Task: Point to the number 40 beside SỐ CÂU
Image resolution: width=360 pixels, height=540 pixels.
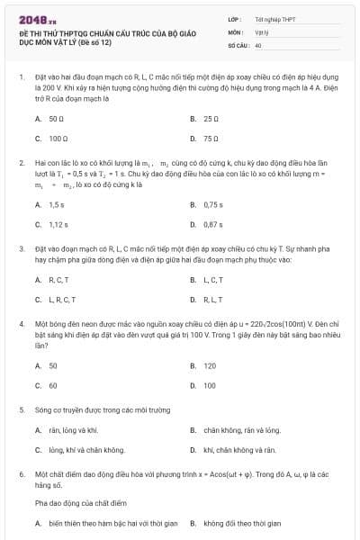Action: (x=258, y=44)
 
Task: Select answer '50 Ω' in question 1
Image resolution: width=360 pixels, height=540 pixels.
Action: (x=55, y=119)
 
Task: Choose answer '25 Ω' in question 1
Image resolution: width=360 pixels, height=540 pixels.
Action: (x=211, y=119)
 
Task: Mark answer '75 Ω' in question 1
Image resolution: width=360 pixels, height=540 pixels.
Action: (x=211, y=139)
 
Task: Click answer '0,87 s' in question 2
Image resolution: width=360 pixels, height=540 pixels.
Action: (x=213, y=224)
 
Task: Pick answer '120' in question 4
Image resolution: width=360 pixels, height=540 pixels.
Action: (x=210, y=365)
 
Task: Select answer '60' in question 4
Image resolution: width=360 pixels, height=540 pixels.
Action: (x=53, y=385)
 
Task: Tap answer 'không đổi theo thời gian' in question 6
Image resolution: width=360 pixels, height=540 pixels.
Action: (x=242, y=523)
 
